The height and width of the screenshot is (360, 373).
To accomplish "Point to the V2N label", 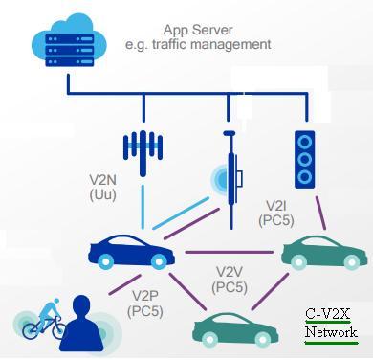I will [x=95, y=177].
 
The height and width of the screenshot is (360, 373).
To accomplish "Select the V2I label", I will [x=275, y=205].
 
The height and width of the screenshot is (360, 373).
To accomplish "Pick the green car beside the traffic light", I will [x=323, y=251].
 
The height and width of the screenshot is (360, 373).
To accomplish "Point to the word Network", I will [x=332, y=332].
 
